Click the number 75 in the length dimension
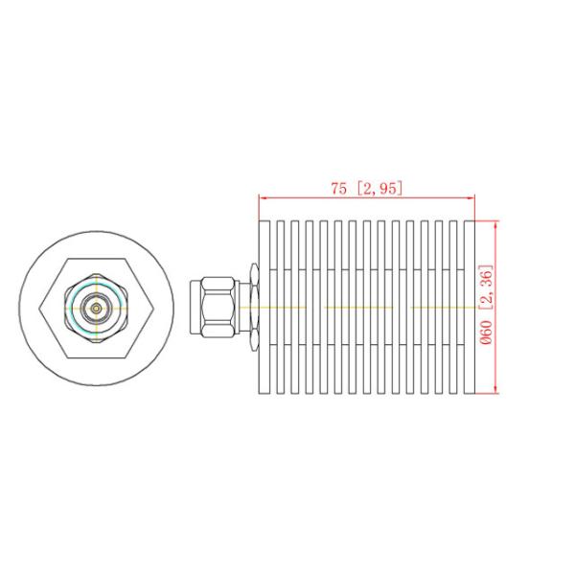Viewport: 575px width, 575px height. (338, 189)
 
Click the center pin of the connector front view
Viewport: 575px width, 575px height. (96, 307)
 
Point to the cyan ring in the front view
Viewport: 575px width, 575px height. (96, 287)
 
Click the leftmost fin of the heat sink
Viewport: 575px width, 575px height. (264, 306)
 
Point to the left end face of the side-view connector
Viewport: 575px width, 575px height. (195, 306)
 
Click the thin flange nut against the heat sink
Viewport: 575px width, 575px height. (251, 306)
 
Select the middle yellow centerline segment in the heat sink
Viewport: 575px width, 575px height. (359, 307)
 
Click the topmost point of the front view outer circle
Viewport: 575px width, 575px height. (96, 228)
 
